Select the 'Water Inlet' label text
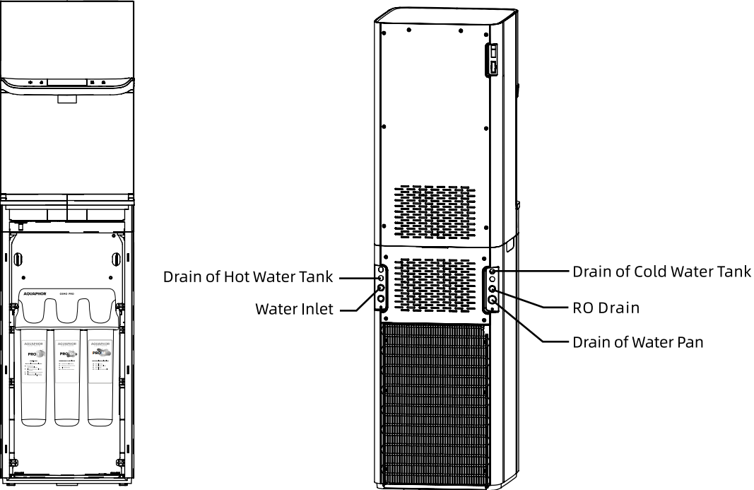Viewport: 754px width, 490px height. tap(294, 309)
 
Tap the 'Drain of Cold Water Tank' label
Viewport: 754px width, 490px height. tap(661, 271)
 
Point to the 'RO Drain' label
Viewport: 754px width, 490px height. tap(606, 308)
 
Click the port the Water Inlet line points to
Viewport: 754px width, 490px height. tap(380, 288)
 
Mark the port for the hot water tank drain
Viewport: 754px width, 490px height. tap(380, 279)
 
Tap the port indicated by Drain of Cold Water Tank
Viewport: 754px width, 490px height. tap(492, 271)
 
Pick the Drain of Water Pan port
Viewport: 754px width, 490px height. tap(493, 301)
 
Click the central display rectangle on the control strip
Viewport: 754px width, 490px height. tap(68, 82)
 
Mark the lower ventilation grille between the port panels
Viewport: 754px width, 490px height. tap(435, 286)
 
